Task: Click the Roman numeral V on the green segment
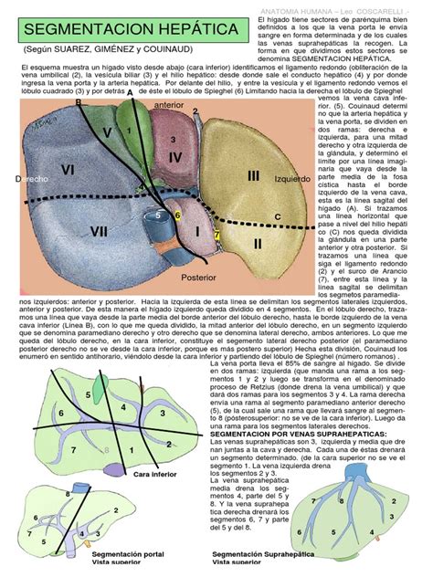tap(108, 133)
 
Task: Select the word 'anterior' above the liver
tap(169, 106)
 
